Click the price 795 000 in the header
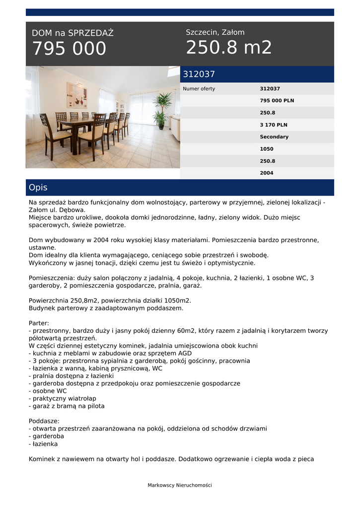click(x=69, y=49)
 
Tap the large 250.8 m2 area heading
click(x=229, y=48)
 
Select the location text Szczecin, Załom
click(x=215, y=32)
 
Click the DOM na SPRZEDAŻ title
click(x=72, y=33)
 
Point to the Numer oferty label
click(x=199, y=89)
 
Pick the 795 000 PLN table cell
click(x=277, y=101)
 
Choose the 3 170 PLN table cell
click(x=274, y=125)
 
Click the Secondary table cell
click(x=274, y=137)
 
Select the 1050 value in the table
click(x=267, y=149)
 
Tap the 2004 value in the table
click(x=267, y=173)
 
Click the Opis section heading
click(x=38, y=188)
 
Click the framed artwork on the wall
click(x=77, y=95)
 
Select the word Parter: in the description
click(x=39, y=323)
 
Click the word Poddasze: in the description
click(x=44, y=421)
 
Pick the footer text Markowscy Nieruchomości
click(x=180, y=485)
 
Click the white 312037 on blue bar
click(x=199, y=74)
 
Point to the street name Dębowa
click(x=72, y=210)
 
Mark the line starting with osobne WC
click(x=49, y=391)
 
